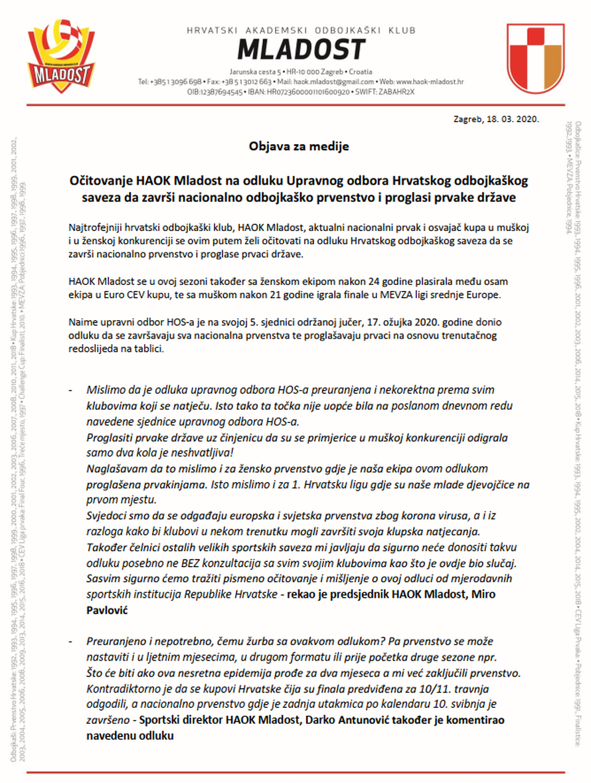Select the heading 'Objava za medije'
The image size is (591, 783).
[299, 146]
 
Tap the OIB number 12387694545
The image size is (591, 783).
[212, 92]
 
